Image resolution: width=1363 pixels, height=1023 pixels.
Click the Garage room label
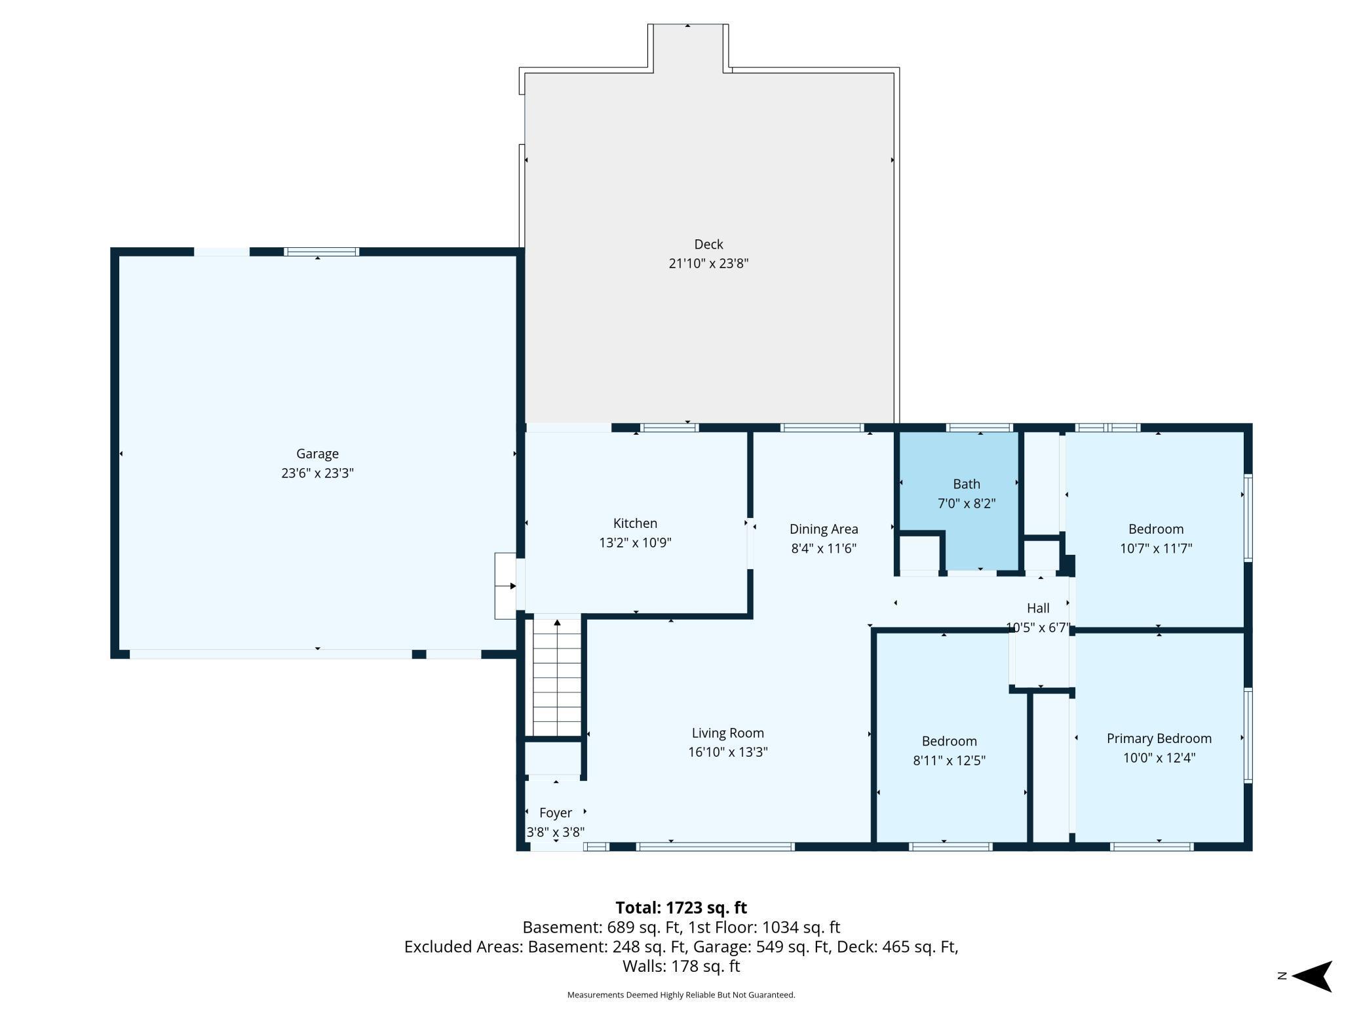click(x=317, y=454)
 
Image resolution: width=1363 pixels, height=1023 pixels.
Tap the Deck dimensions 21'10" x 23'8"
click(x=708, y=264)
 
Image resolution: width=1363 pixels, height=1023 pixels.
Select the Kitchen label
click(x=635, y=523)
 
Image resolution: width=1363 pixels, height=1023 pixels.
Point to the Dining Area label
click(x=824, y=529)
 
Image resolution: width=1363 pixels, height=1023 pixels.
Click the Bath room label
click(x=967, y=484)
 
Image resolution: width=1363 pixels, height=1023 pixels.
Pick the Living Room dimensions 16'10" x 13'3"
click(x=728, y=752)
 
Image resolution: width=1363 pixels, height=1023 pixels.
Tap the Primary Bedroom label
click(x=1159, y=738)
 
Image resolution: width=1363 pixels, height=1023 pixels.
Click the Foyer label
click(x=556, y=813)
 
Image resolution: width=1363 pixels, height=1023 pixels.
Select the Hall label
click(x=1038, y=609)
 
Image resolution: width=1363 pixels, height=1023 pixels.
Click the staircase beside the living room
click(x=557, y=677)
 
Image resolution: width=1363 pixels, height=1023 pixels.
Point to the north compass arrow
click(x=1312, y=976)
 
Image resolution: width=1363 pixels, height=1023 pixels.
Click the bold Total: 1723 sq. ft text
click(x=681, y=908)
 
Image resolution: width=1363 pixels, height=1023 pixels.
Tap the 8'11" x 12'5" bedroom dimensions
click(x=949, y=761)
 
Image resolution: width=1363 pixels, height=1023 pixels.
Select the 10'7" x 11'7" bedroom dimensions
click(x=1156, y=549)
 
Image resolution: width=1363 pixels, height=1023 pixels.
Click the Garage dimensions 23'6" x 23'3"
click(x=317, y=473)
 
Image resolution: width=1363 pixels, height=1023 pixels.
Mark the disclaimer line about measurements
click(x=681, y=995)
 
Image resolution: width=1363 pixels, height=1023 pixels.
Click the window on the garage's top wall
click(x=322, y=252)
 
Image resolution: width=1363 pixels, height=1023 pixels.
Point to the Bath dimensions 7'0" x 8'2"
click(x=967, y=504)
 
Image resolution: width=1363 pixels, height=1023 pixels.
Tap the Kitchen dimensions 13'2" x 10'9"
click(x=635, y=543)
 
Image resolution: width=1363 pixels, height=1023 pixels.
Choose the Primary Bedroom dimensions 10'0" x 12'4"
click(x=1159, y=758)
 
